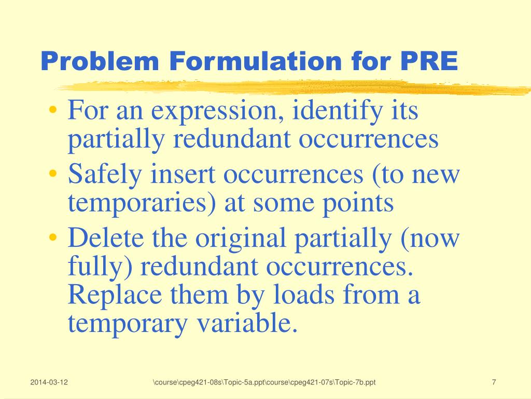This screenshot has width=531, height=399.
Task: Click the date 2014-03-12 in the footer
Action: (49, 383)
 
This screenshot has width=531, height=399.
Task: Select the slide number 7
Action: (494, 383)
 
